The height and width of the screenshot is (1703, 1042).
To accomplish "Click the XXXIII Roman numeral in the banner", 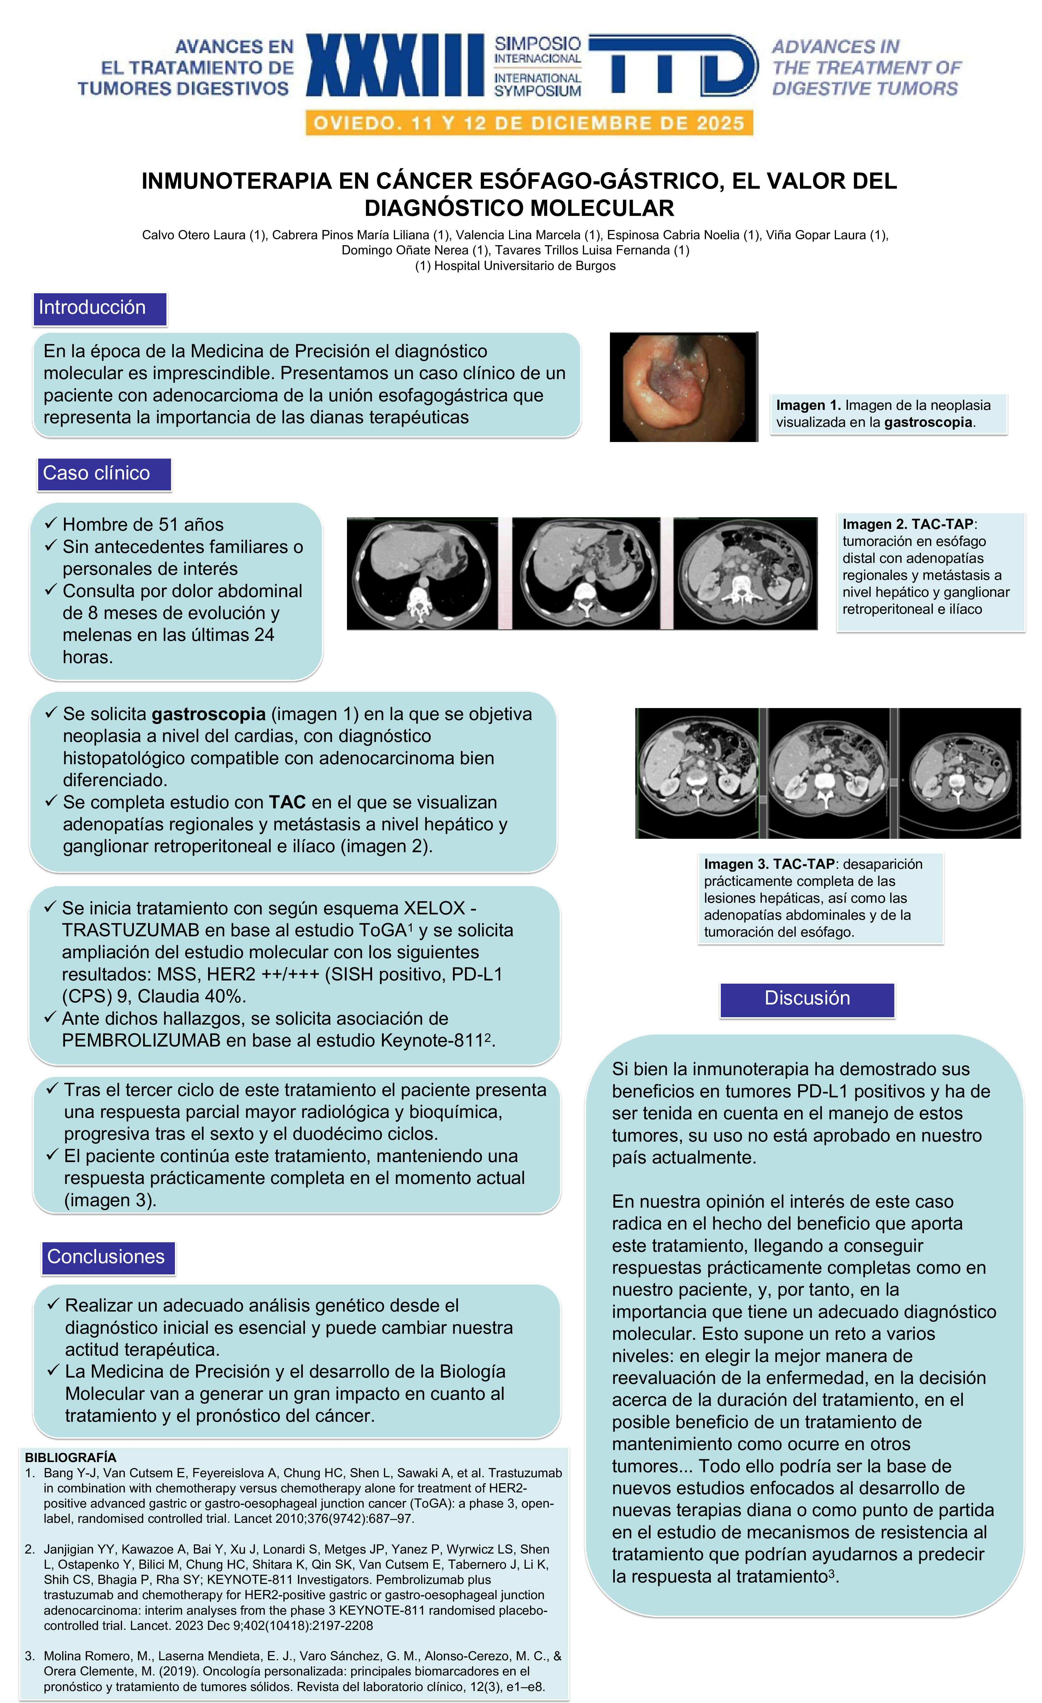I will [395, 65].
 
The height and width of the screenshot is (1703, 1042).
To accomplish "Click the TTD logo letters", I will [674, 65].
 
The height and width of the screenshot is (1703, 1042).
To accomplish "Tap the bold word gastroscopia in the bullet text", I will [209, 714].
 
